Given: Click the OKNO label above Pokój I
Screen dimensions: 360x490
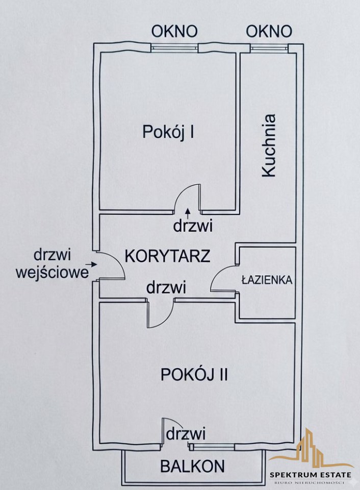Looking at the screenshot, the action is coord(174,31).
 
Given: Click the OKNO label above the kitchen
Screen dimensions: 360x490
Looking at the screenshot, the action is coord(269,31).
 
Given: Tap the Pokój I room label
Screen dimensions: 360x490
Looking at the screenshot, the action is coord(168,132).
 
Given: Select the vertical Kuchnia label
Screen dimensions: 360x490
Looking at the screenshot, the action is coord(269,145).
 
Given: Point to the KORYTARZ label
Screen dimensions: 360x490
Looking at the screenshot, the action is coord(167,256).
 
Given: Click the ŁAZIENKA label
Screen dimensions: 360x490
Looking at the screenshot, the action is coord(267,280).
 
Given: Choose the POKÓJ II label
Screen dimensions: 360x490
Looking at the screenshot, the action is coord(194,374).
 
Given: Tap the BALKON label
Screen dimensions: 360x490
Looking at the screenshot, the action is coord(192,466).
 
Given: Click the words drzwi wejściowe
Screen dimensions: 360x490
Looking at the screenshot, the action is coord(53,264).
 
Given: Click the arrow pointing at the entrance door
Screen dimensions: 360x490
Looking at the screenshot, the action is coord(91,264).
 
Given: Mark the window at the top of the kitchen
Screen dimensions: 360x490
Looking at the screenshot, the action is coord(269,47).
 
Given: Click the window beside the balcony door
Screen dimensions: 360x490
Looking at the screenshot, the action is coord(212,447).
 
